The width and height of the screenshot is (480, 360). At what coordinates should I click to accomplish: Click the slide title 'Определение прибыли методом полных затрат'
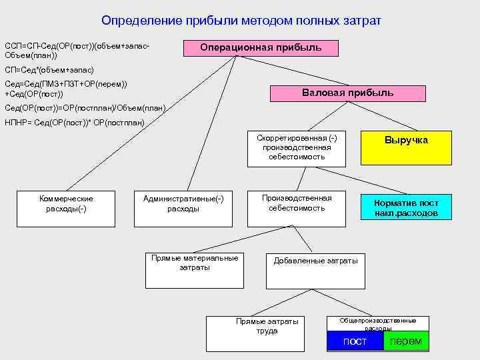click(x=241, y=21)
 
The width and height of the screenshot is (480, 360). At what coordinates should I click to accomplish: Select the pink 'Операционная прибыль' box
click(x=261, y=48)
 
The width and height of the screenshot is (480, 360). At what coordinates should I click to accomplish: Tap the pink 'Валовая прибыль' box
click(x=347, y=93)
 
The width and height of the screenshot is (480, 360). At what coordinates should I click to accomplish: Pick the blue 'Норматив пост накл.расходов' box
click(x=406, y=207)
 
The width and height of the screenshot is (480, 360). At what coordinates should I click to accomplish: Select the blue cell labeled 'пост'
click(x=355, y=341)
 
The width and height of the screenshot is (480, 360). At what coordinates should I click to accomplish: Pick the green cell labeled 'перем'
click(x=406, y=341)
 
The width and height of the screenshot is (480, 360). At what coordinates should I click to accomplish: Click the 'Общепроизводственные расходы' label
click(x=378, y=324)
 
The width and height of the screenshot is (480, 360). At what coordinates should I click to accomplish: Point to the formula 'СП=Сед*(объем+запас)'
click(x=49, y=69)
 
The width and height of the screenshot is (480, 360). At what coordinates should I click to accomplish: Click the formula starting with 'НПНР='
click(x=75, y=123)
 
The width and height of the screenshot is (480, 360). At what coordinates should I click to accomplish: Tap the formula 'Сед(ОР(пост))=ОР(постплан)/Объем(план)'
click(x=85, y=108)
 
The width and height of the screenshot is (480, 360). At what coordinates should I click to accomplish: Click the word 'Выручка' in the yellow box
click(x=406, y=141)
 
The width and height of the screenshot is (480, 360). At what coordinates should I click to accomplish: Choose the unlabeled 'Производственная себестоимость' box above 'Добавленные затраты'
click(x=297, y=207)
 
